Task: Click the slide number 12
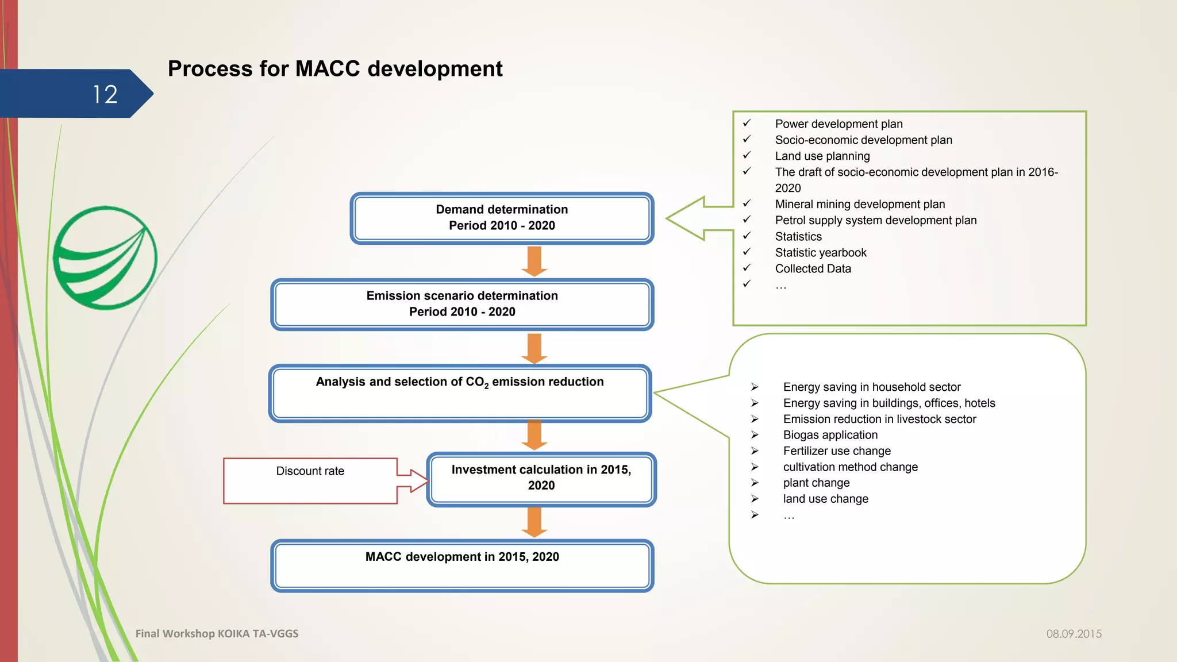105,94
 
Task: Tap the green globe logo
105,258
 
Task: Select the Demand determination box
502,218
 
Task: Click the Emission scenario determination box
462,305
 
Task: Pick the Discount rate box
310,481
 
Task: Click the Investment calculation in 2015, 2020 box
541,479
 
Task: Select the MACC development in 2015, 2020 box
462,566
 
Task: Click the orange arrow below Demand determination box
534,261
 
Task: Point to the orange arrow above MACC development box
534,522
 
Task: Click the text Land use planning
822,156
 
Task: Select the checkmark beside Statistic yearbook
747,252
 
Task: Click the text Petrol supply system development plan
875,220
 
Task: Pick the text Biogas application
830,435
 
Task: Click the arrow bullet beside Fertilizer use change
755,451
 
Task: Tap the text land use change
825,499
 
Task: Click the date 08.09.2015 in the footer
1074,634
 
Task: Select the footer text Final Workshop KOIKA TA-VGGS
217,633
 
